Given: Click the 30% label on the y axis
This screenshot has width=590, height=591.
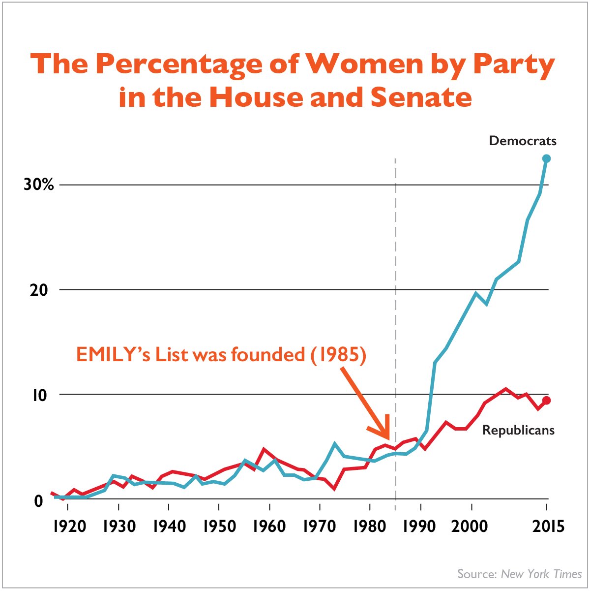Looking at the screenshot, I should (x=38, y=185).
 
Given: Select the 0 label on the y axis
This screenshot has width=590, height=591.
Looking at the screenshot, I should (x=39, y=501).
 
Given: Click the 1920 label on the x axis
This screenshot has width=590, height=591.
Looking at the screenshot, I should (x=69, y=526).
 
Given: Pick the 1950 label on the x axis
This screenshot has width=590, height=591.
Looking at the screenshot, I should (x=219, y=526).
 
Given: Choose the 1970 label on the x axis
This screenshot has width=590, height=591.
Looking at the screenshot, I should (x=320, y=526).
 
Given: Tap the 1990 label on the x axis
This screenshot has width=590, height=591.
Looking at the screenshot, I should (x=419, y=526).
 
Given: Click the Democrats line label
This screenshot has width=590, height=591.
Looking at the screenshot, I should (x=523, y=141).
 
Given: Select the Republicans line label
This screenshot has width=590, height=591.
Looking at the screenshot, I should (x=518, y=430).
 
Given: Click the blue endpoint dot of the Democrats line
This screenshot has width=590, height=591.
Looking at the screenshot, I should (x=546, y=158).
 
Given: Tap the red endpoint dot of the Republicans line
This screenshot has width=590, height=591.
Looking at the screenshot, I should (x=546, y=401).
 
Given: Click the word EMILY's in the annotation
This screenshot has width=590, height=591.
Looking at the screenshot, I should (x=113, y=355).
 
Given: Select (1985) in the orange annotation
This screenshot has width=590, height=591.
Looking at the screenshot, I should (x=338, y=355).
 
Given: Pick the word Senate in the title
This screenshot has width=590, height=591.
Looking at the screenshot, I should (x=421, y=97).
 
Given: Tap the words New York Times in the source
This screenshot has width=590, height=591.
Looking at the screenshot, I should (x=541, y=574).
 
